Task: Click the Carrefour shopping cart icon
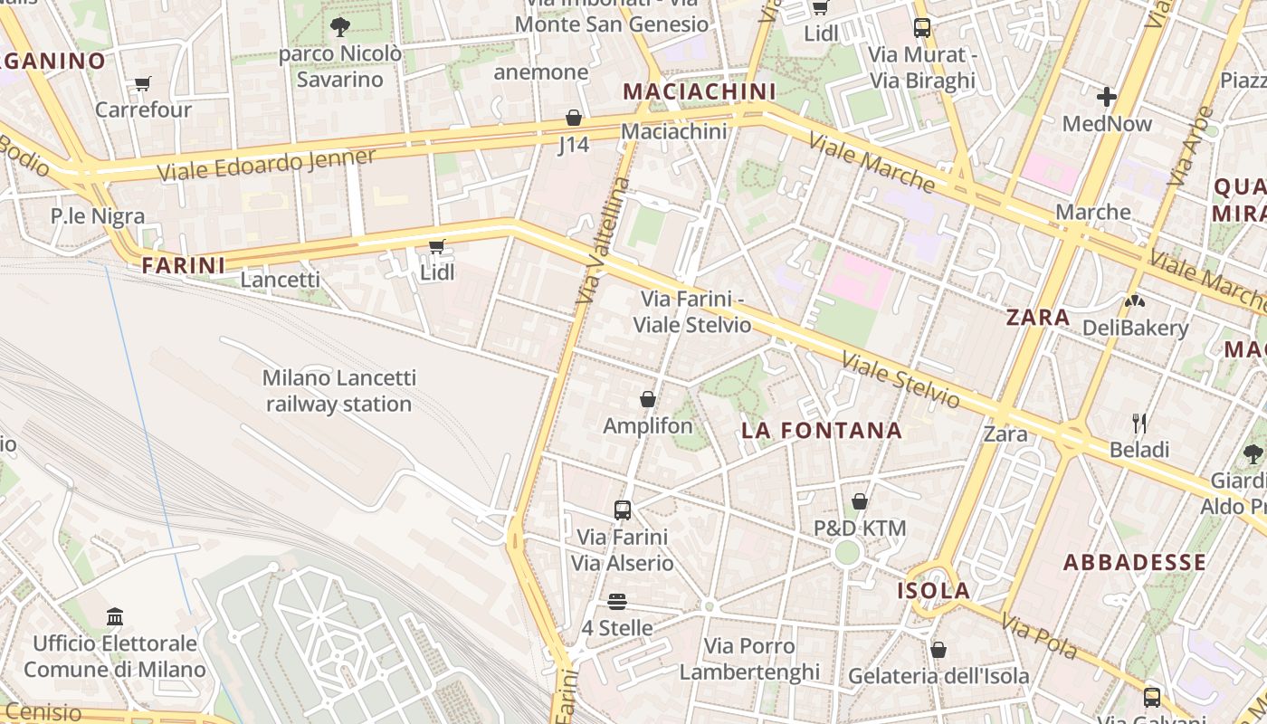coord(142,84)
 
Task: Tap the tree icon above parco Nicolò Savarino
coord(340,27)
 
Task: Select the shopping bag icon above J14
coord(573,118)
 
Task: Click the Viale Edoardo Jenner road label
coord(266,165)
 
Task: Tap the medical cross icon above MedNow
coord(1106,96)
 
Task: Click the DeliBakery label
coord(1135,328)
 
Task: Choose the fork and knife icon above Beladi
coord(1139,423)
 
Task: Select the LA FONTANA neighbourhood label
coord(822,431)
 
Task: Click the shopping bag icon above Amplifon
coord(648,399)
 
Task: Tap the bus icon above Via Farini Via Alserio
coord(622,510)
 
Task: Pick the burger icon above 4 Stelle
coord(617,602)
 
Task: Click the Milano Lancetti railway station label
coord(338,391)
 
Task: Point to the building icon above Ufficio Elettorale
coord(115,617)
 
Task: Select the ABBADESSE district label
coord(1134,562)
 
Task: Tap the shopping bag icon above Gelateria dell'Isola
coord(938,650)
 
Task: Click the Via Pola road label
coord(1039,637)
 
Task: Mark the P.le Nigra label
coord(98,216)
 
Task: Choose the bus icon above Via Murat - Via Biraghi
coord(921,28)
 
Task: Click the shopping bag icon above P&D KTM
coord(860,500)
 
